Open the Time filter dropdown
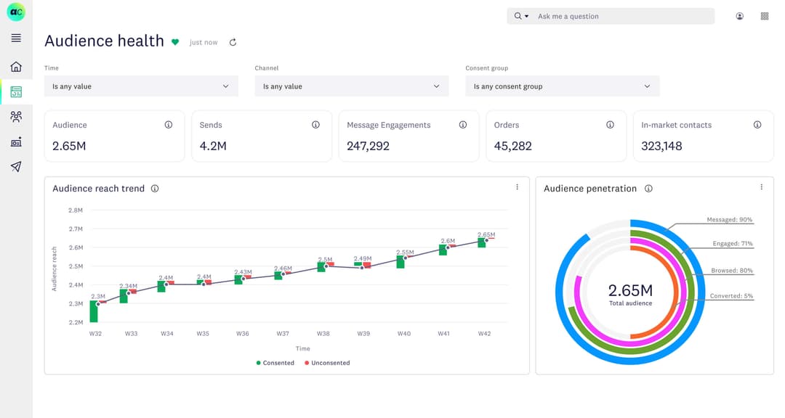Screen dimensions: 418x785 (x=141, y=86)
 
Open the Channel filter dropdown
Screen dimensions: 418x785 (x=351, y=86)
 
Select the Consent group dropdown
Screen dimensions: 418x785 (x=562, y=86)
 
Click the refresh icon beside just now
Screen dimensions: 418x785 (x=233, y=42)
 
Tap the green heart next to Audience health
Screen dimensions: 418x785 (x=175, y=42)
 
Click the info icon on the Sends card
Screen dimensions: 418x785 (x=315, y=125)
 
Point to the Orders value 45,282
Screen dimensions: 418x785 (x=512, y=146)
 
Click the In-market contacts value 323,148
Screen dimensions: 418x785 (x=661, y=146)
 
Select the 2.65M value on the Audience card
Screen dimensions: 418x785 (x=69, y=146)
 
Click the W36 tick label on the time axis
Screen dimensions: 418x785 (x=242, y=334)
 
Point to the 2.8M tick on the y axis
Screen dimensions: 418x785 (x=76, y=210)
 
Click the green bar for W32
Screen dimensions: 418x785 (x=94, y=311)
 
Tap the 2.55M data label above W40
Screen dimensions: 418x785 (x=405, y=253)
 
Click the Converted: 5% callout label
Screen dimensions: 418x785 (x=731, y=296)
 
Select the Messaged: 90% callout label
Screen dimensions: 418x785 (x=729, y=219)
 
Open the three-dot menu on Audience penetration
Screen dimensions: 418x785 (x=761, y=187)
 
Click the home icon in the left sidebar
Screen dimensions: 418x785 (x=16, y=67)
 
